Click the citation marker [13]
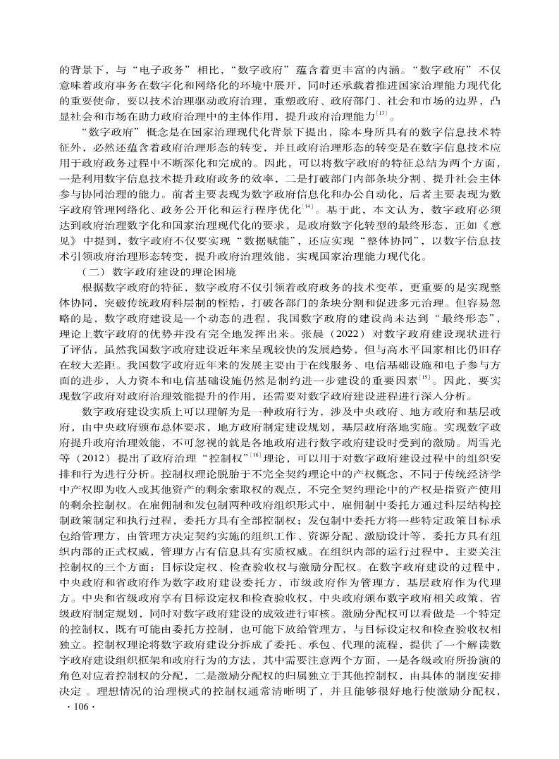pos(381,113)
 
